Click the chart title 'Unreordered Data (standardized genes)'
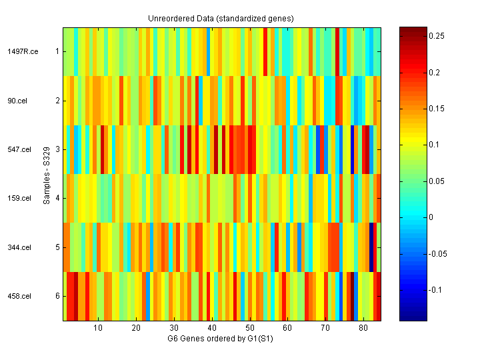pos(221,18)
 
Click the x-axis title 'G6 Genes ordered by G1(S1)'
pos(221,338)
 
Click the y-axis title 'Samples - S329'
pos(47,174)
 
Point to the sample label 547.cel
pos(19,150)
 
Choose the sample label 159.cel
pos(19,199)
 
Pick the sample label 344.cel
pos(19,248)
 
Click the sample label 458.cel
pos(19,297)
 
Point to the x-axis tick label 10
pos(98,328)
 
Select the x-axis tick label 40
pos(211,328)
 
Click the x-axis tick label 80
pos(363,328)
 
